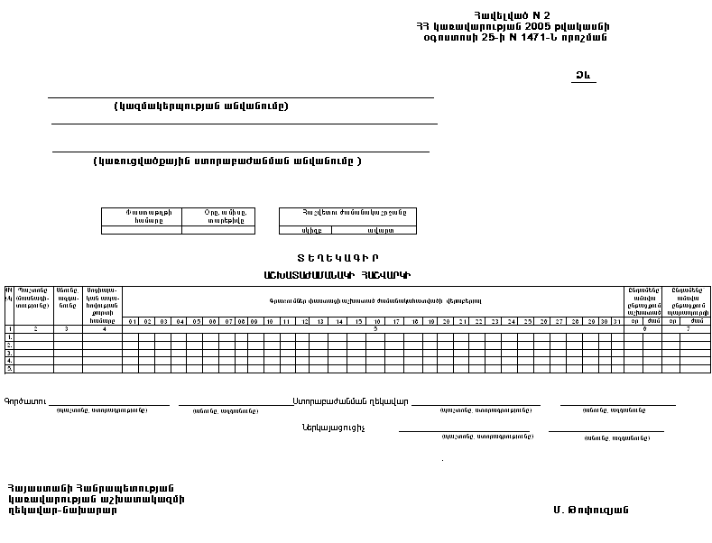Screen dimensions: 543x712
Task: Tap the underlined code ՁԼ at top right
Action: tap(583, 76)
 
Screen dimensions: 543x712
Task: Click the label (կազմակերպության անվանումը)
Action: tap(201, 106)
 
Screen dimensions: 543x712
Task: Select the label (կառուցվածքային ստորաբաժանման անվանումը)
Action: tap(227, 161)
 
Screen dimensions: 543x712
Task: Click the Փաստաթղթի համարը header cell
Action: tap(141, 216)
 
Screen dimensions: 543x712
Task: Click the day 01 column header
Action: tap(132, 321)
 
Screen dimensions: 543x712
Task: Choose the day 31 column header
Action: tap(616, 321)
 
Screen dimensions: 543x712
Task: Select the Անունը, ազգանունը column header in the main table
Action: tap(68, 299)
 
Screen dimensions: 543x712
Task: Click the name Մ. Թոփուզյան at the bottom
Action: tap(591, 510)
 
